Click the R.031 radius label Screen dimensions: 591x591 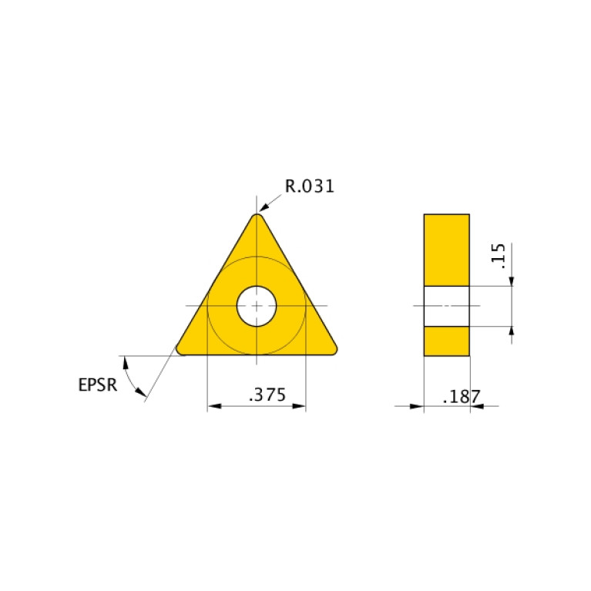click(310, 186)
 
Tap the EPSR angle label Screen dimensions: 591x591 click(98, 384)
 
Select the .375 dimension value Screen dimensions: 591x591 click(267, 395)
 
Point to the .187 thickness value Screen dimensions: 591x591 click(462, 397)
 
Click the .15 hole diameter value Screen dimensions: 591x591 click(498, 256)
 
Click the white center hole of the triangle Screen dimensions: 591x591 click(257, 306)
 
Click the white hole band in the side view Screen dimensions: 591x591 click(446, 306)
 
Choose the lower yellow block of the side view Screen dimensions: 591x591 click(446, 341)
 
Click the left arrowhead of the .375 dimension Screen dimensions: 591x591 click(213, 406)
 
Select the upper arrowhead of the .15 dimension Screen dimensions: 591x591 click(512, 280)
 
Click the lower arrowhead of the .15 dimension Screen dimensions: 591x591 click(512, 332)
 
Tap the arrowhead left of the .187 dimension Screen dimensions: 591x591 click(418, 406)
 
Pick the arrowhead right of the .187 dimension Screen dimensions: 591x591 click(475, 406)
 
